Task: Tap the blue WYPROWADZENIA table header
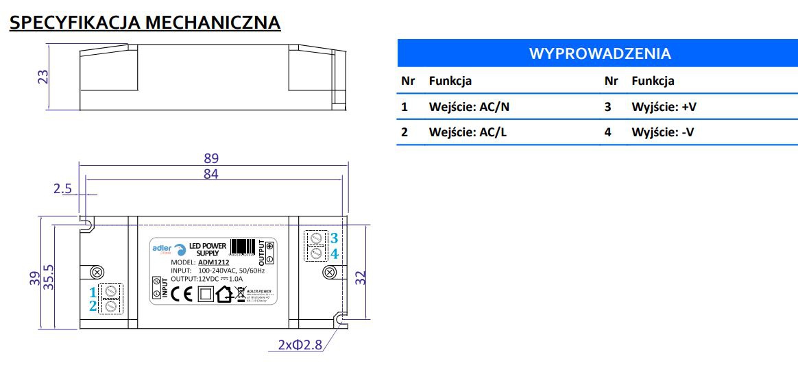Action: [x=599, y=53]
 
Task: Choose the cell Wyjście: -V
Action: [x=662, y=132]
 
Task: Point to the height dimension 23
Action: [x=43, y=75]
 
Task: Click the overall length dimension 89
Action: [x=211, y=158]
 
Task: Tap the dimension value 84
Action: [x=210, y=174]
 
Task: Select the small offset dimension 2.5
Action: [x=62, y=188]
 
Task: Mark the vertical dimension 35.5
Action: [x=48, y=277]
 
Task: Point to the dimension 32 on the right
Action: [x=361, y=277]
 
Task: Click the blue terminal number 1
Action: [x=93, y=292]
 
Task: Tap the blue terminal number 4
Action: [x=334, y=253]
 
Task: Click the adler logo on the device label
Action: [x=164, y=248]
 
